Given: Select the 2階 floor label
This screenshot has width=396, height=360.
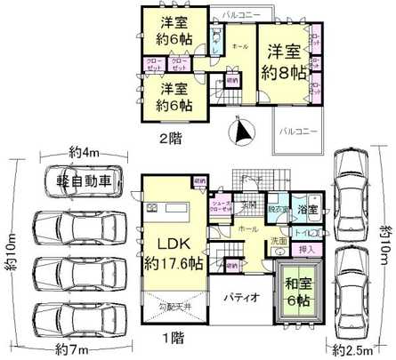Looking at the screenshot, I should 171,138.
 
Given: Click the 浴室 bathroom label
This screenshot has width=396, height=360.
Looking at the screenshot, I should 308,211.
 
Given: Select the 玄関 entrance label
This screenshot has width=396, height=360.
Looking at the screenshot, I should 251,204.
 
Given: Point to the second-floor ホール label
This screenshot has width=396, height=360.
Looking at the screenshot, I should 239,44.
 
